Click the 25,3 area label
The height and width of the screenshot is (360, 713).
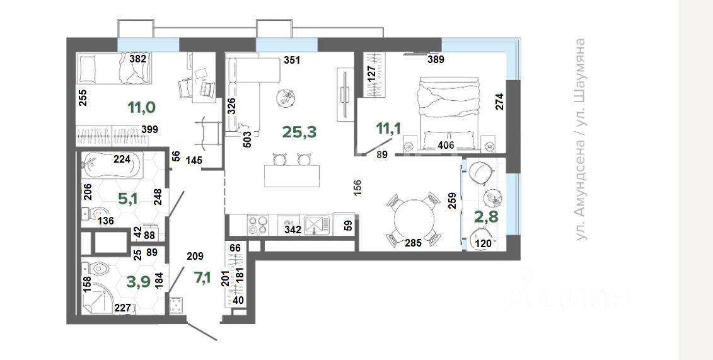click(299, 132)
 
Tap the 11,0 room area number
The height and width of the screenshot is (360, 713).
click(141, 108)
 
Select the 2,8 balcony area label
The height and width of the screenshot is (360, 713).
click(486, 217)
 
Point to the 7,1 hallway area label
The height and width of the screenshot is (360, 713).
click(202, 277)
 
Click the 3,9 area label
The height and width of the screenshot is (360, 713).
click(138, 282)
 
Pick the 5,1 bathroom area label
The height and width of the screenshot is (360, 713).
click(128, 199)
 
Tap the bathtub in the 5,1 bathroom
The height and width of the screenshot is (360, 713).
click(112, 165)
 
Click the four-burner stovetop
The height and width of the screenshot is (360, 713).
click(258, 225)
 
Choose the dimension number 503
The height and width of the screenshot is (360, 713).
click(247, 139)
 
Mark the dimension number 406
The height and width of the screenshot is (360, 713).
click(446, 146)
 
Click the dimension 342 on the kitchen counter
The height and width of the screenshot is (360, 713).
click(293, 229)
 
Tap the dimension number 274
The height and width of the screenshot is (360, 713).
click(499, 102)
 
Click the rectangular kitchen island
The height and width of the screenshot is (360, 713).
click(292, 176)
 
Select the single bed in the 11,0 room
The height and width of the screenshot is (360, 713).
click(115, 69)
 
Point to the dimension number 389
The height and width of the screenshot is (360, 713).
click(436, 59)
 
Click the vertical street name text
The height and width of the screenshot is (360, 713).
click(580, 139)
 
